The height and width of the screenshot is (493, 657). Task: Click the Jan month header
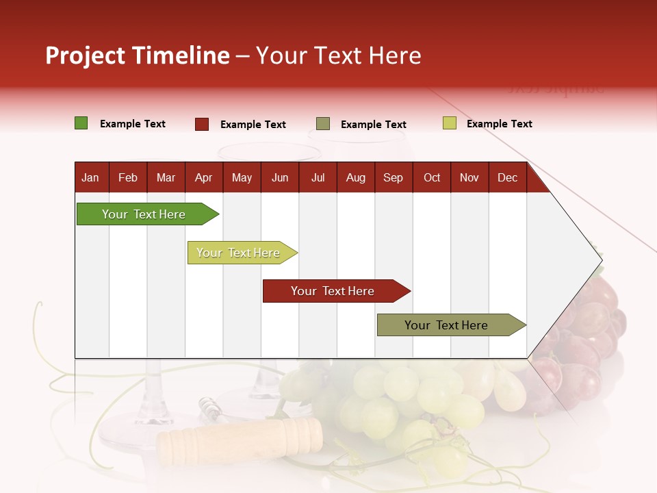pyautogui.click(x=90, y=177)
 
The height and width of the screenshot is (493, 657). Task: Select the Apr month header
pyautogui.click(x=204, y=177)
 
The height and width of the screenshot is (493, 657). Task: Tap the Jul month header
pyautogui.click(x=318, y=177)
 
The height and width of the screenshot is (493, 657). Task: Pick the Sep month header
pyautogui.click(x=393, y=177)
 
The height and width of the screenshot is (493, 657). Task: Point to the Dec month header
pyautogui.click(x=507, y=177)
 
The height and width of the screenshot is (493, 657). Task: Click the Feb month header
pyautogui.click(x=128, y=177)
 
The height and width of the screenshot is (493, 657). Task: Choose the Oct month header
pyautogui.click(x=432, y=177)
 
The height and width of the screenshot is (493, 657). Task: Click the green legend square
pyautogui.click(x=81, y=123)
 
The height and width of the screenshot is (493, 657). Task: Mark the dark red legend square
pyautogui.click(x=202, y=124)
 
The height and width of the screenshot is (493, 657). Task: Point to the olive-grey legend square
pyautogui.click(x=323, y=124)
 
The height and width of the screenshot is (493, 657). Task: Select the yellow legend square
pyautogui.click(x=450, y=123)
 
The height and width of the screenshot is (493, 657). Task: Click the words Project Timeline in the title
pyautogui.click(x=138, y=55)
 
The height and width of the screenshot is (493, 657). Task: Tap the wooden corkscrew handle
pyautogui.click(x=240, y=440)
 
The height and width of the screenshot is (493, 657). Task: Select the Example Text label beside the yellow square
pyautogui.click(x=499, y=124)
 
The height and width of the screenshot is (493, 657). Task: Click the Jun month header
pyautogui.click(x=280, y=177)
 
